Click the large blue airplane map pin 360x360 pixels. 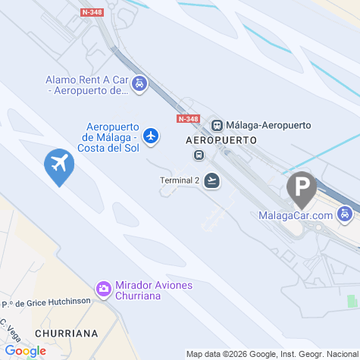pyautogui.click(x=58, y=165)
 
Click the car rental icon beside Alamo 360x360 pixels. pyautogui.click(x=139, y=84)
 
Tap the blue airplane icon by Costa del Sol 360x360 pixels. pyautogui.click(x=152, y=136)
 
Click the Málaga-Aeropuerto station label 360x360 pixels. pyautogui.click(x=262, y=125)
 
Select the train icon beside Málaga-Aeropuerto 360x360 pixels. pyautogui.click(x=217, y=125)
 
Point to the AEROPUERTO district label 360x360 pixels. pyautogui.click(x=221, y=141)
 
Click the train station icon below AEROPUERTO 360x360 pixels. pyautogui.click(x=199, y=155)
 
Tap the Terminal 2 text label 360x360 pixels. pyautogui.click(x=180, y=180)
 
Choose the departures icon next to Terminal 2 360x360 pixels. pyautogui.click(x=212, y=180)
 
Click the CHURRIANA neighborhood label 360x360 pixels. pyautogui.click(x=66, y=333)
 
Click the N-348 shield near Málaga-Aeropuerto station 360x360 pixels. pyautogui.click(x=188, y=119)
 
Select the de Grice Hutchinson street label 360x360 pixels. pyautogui.click(x=47, y=301)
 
